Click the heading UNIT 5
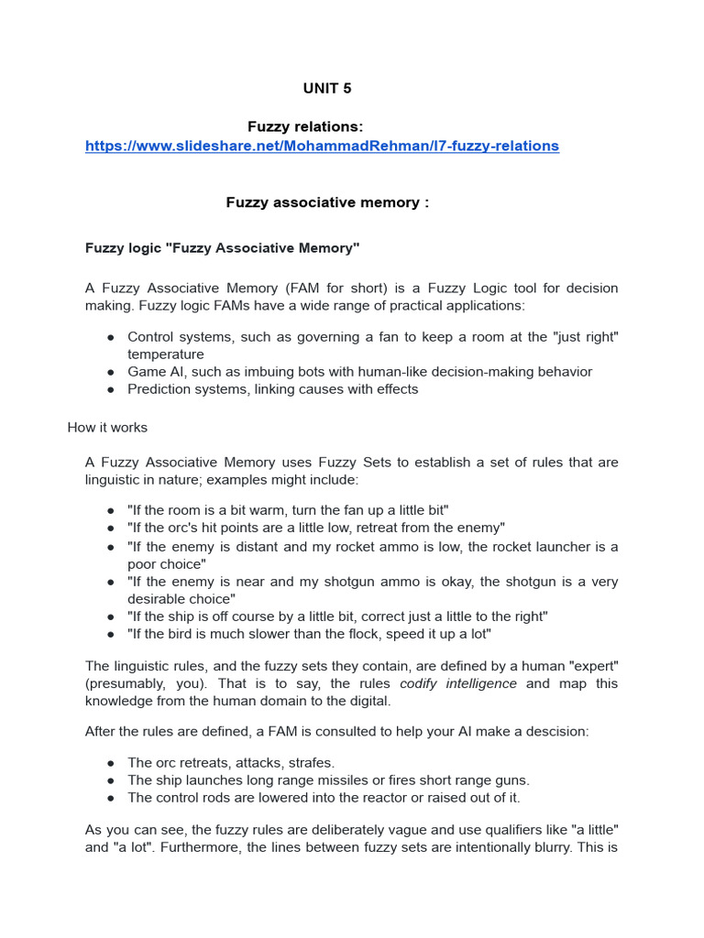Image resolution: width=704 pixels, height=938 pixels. pyautogui.click(x=327, y=88)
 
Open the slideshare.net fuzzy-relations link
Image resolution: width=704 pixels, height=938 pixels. pyautogui.click(x=322, y=146)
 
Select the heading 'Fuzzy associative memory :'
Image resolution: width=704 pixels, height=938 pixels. pyautogui.click(x=327, y=202)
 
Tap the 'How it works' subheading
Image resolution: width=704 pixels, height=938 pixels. pyautogui.click(x=107, y=428)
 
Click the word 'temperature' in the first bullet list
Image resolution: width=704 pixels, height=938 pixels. pyautogui.click(x=166, y=354)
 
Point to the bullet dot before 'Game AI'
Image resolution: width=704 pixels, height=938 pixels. pyautogui.click(x=110, y=372)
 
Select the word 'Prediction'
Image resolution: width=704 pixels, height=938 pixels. pyautogui.click(x=159, y=389)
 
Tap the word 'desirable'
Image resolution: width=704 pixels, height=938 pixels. pyautogui.click(x=161, y=599)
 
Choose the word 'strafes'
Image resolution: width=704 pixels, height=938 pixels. pyautogui.click(x=311, y=762)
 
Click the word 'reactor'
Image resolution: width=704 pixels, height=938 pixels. pyautogui.click(x=375, y=798)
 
